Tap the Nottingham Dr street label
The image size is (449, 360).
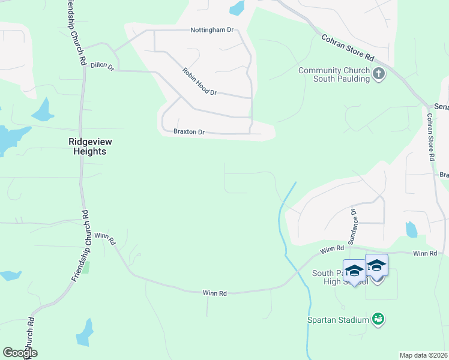click(x=212, y=30)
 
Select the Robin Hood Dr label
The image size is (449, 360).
click(x=199, y=82)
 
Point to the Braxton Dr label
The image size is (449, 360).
click(x=189, y=132)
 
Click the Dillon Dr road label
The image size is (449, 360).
click(x=102, y=67)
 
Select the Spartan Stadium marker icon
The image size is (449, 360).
click(x=378, y=318)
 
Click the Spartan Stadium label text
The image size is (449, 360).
click(x=339, y=320)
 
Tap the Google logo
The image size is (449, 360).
click(x=20, y=353)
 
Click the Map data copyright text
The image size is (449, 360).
click(x=423, y=355)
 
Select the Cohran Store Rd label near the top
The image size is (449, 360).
click(x=348, y=47)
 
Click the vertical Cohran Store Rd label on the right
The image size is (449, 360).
click(x=430, y=137)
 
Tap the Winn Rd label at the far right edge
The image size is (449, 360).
click(x=425, y=254)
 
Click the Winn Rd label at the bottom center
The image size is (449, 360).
click(x=214, y=293)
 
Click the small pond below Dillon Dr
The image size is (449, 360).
click(x=43, y=110)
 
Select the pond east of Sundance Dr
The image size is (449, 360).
click(x=411, y=229)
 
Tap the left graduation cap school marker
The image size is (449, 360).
click(x=354, y=271)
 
